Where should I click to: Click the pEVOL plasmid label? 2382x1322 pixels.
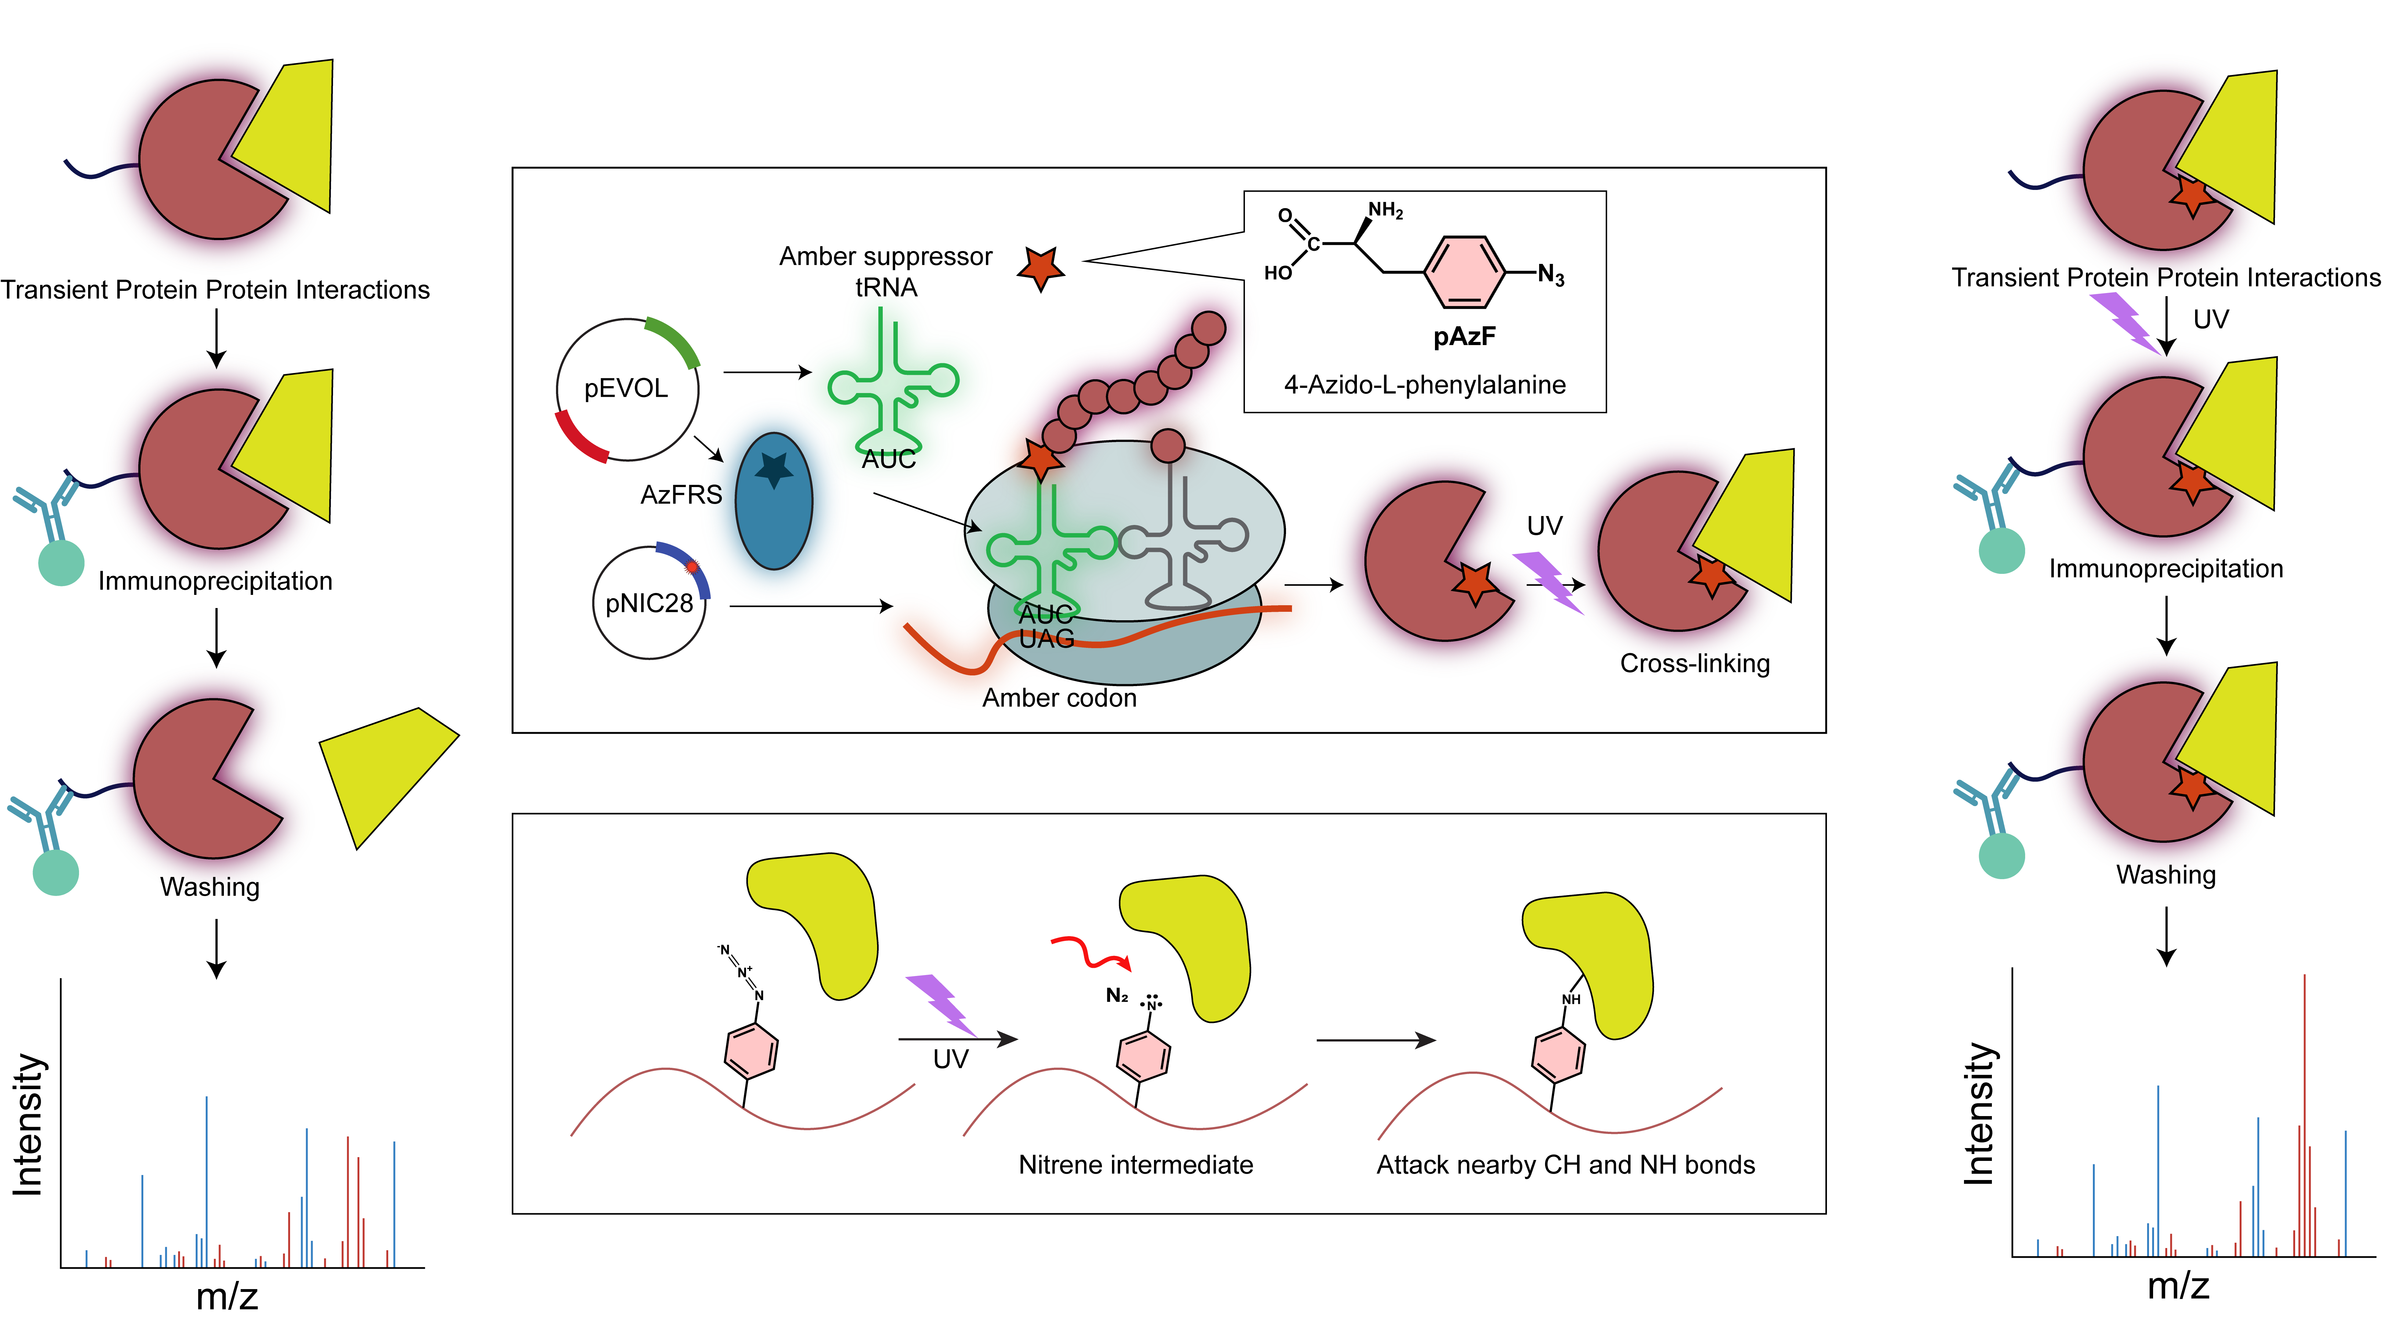coord(626,388)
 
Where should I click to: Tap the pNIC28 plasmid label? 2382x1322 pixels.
coord(649,604)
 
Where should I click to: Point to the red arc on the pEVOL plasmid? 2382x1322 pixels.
coord(580,439)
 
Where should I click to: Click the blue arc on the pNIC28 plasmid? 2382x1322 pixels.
coord(689,566)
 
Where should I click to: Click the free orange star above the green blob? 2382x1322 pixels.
coord(1040,268)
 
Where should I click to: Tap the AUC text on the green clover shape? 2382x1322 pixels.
coord(889,459)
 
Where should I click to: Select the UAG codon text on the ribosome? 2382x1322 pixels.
coord(1047,639)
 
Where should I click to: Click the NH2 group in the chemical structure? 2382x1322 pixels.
coord(1385,211)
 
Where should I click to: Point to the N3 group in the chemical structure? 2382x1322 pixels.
coord(1552,275)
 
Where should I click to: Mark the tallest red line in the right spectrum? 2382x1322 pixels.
coord(2304,1110)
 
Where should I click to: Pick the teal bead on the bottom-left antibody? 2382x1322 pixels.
coord(56,872)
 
